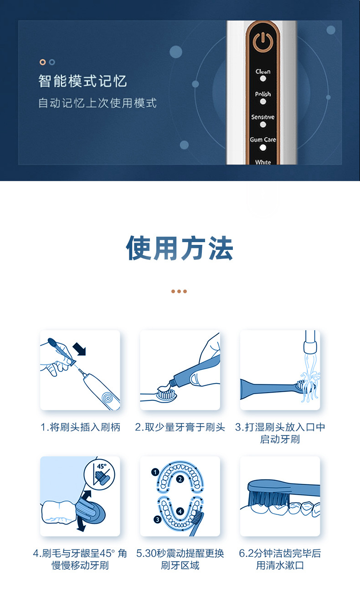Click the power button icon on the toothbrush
click(262, 42)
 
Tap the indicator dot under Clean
click(263, 79)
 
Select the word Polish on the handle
click(263, 94)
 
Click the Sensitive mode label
click(263, 117)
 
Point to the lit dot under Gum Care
click(263, 148)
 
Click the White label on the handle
click(263, 162)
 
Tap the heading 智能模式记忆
click(82, 81)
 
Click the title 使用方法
click(180, 248)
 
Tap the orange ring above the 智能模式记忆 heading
click(42, 62)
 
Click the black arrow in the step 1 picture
click(79, 349)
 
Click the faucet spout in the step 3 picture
click(310, 342)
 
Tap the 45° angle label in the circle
click(102, 466)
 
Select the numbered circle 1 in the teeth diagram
click(155, 472)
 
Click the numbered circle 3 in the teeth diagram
click(157, 519)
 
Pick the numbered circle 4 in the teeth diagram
click(180, 511)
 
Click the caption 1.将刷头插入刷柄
click(80, 427)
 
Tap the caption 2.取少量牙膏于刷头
click(180, 427)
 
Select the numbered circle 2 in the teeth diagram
click(180, 479)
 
